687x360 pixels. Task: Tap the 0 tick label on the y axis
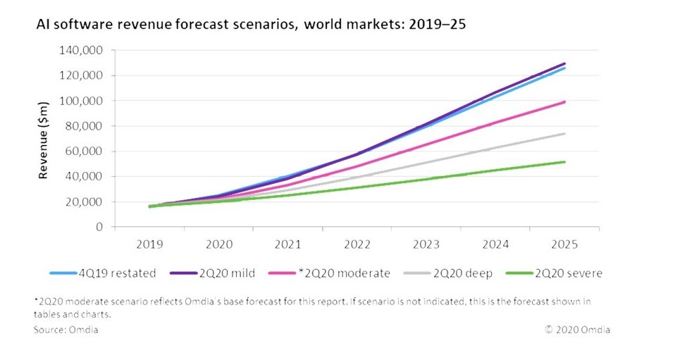[x=101, y=228]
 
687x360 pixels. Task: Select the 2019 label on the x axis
[x=151, y=244]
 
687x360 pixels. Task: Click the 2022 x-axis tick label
[x=358, y=244]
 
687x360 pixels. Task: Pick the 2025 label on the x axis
[x=565, y=244]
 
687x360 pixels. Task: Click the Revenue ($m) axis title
[x=44, y=139]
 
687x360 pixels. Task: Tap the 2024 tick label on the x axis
[x=496, y=244]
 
